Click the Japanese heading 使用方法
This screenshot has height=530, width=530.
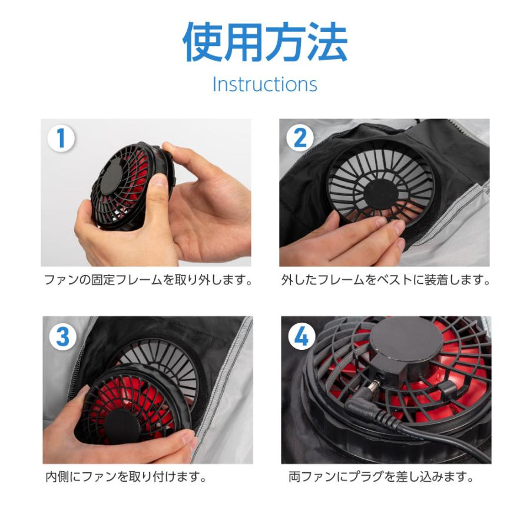265,42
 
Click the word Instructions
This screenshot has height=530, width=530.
265,84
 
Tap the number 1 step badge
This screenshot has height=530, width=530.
61,138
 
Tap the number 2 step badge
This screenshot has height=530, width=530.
300,138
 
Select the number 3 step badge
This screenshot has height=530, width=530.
63,337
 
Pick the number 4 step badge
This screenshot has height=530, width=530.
302,337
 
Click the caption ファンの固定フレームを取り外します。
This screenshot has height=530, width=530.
148,280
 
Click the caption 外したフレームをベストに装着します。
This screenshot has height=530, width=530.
386,280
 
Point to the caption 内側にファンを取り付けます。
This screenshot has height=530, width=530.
126,477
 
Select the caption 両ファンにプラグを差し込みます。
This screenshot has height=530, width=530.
381,477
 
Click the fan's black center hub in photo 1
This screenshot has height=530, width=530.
112,177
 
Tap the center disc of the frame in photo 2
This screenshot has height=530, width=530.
381,195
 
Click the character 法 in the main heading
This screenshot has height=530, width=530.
329,42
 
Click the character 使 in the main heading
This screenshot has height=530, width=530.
202,42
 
